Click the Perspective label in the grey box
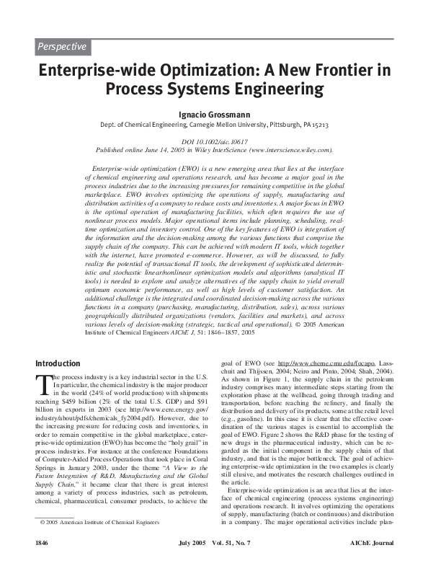click(62, 48)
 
